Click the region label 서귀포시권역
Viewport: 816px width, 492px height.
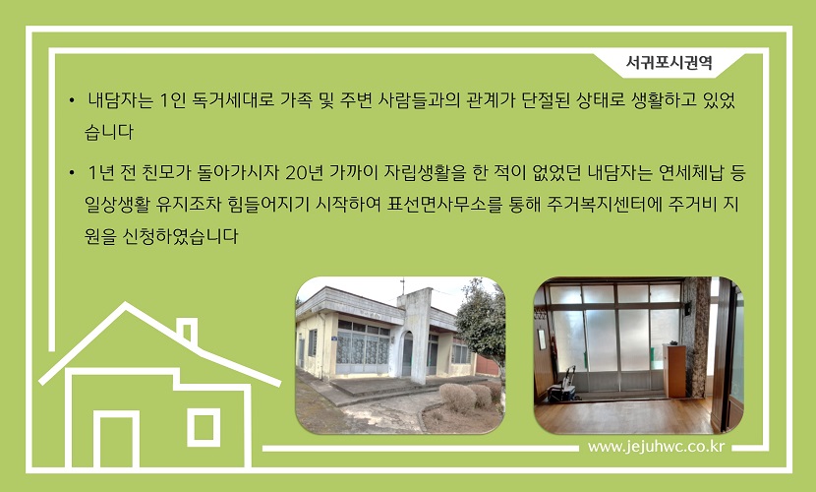coord(669,63)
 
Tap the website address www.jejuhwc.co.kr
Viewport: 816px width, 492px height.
coord(656,447)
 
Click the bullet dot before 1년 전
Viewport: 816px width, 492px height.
coord(72,172)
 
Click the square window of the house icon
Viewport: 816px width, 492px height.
coord(204,427)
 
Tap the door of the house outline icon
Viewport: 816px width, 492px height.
coord(117,440)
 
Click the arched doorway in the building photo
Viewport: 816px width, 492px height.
coord(407,354)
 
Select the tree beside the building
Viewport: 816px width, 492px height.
coord(483,326)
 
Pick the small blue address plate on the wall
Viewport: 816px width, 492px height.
coord(334,338)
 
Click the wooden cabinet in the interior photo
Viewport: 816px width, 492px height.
coord(674,371)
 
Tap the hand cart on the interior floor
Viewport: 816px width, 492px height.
coord(564,386)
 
